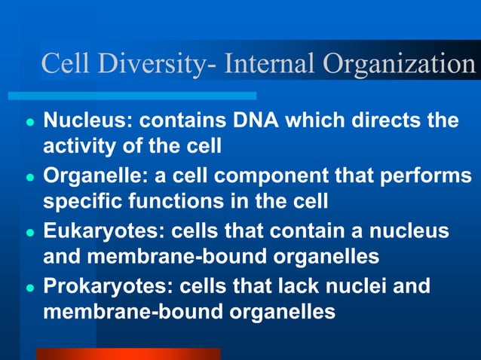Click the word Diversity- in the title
coord(155,65)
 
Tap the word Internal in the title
coord(271,64)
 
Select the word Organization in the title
coord(400,65)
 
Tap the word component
coord(285,177)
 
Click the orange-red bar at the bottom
coord(128,354)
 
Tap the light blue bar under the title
coord(132,96)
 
